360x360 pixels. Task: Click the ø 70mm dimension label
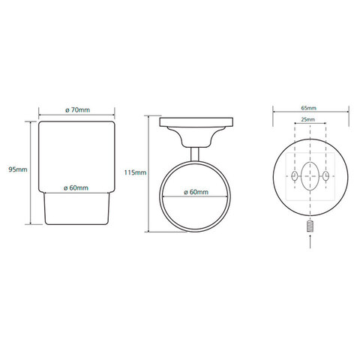77,109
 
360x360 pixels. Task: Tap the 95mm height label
18,169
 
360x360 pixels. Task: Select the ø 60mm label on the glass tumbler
76,187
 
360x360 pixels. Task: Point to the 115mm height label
135,172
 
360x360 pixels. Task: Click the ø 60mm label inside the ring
196,192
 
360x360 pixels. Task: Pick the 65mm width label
308,108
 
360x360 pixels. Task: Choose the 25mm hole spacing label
307,119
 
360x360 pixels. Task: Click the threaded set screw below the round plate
310,226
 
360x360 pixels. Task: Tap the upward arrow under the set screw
310,241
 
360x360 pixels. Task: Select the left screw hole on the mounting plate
295,175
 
